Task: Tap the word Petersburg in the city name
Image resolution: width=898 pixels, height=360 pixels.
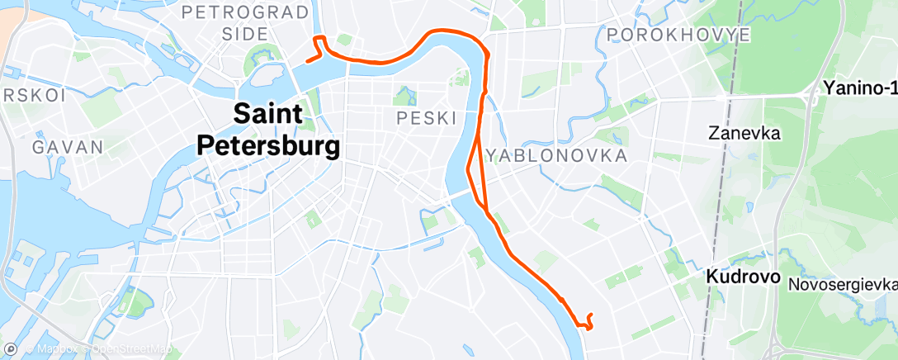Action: coord(268,147)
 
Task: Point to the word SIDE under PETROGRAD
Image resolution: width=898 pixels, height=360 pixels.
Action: coord(245,34)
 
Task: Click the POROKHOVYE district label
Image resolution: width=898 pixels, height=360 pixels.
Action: coord(678,35)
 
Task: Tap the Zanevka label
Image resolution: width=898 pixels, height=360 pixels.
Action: coord(744,132)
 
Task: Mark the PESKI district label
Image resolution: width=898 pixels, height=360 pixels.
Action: coord(427,118)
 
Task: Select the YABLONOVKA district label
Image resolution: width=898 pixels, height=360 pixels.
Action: coord(557,155)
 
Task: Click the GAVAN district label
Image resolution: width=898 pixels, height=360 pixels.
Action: coord(68,148)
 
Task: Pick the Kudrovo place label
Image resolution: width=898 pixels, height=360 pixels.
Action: coord(743,277)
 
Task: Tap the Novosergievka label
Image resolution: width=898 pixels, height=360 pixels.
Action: coord(842,283)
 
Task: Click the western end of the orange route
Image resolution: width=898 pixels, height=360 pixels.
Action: coord(307,60)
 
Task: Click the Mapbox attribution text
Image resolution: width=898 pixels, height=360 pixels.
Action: coord(58,350)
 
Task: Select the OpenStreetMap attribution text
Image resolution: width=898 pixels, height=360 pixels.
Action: coord(132,350)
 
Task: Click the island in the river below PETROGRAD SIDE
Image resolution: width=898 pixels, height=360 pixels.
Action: coord(269,78)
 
